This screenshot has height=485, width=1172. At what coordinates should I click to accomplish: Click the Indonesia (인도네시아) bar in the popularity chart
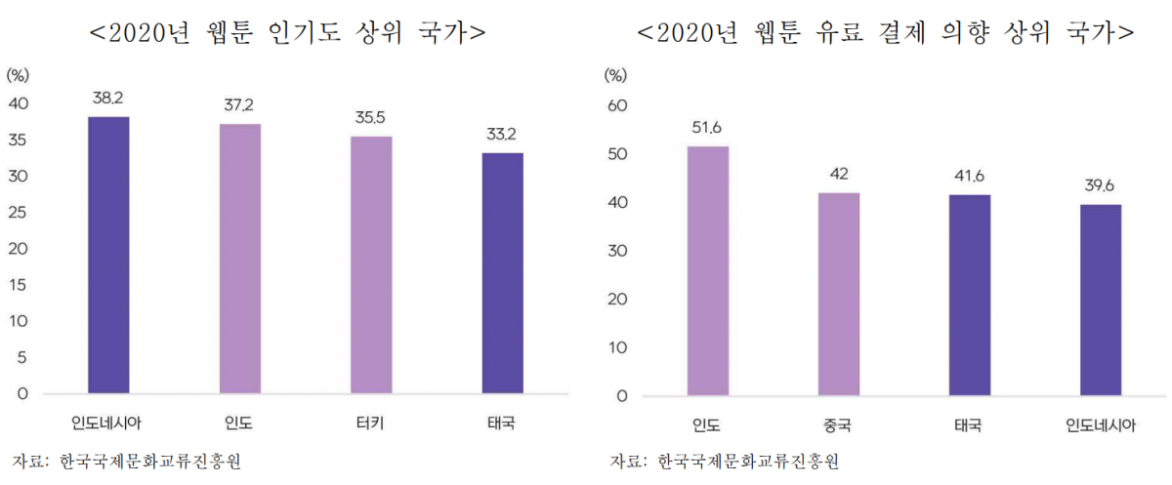pos(108,256)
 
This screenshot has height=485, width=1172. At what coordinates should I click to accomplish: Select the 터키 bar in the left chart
pos(371,265)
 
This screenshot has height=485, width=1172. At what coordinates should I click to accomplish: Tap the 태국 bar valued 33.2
pos(502,273)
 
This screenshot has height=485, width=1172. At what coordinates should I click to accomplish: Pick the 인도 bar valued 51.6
pos(707,271)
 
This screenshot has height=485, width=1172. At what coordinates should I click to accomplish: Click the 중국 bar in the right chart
pos(839,295)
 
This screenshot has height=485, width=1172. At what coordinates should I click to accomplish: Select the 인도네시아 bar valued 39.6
pos(1101,301)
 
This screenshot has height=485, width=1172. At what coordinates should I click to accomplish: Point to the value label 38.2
pos(108,99)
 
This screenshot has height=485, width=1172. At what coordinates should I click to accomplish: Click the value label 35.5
pos(371,118)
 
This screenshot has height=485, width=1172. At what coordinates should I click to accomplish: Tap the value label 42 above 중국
pos(839,175)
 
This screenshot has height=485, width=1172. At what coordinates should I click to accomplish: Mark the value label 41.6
pos(970,177)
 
